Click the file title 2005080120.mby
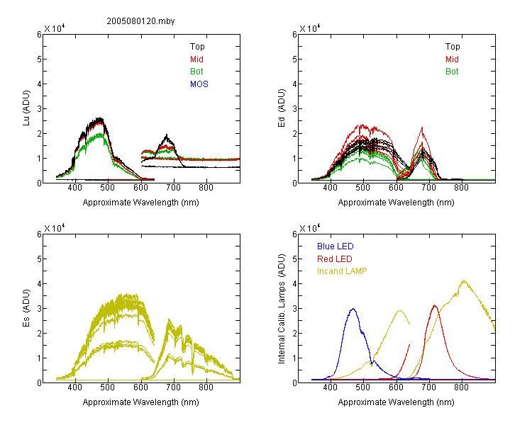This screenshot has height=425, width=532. tap(140, 21)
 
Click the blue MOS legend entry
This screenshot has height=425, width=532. tap(199, 84)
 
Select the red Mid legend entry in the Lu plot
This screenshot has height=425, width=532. tap(196, 59)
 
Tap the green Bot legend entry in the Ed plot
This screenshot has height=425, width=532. tap(452, 72)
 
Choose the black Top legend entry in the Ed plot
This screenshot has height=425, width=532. tap(453, 47)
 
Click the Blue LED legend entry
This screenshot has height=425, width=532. tap(336, 246)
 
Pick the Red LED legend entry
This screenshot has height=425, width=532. tap(335, 259)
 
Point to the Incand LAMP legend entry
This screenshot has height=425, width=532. tap(342, 271)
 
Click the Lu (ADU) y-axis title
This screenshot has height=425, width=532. tap(26, 108)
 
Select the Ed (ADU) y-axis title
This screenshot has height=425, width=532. tap(282, 108)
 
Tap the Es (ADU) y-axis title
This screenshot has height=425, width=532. tap(26, 308)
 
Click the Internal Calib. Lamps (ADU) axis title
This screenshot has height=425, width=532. tap(282, 309)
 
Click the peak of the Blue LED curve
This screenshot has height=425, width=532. tap(353, 309)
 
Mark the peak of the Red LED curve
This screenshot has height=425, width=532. tap(435, 305)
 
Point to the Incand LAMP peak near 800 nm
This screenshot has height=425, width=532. tap(464, 280)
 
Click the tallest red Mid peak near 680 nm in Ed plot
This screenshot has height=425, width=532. tap(422, 127)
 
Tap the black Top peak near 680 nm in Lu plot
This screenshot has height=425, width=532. tap(167, 135)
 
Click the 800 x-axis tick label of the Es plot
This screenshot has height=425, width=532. tap(206, 387)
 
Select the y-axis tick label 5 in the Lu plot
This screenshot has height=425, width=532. tap(39, 59)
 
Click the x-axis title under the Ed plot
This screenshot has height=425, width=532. tap(396, 203)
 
